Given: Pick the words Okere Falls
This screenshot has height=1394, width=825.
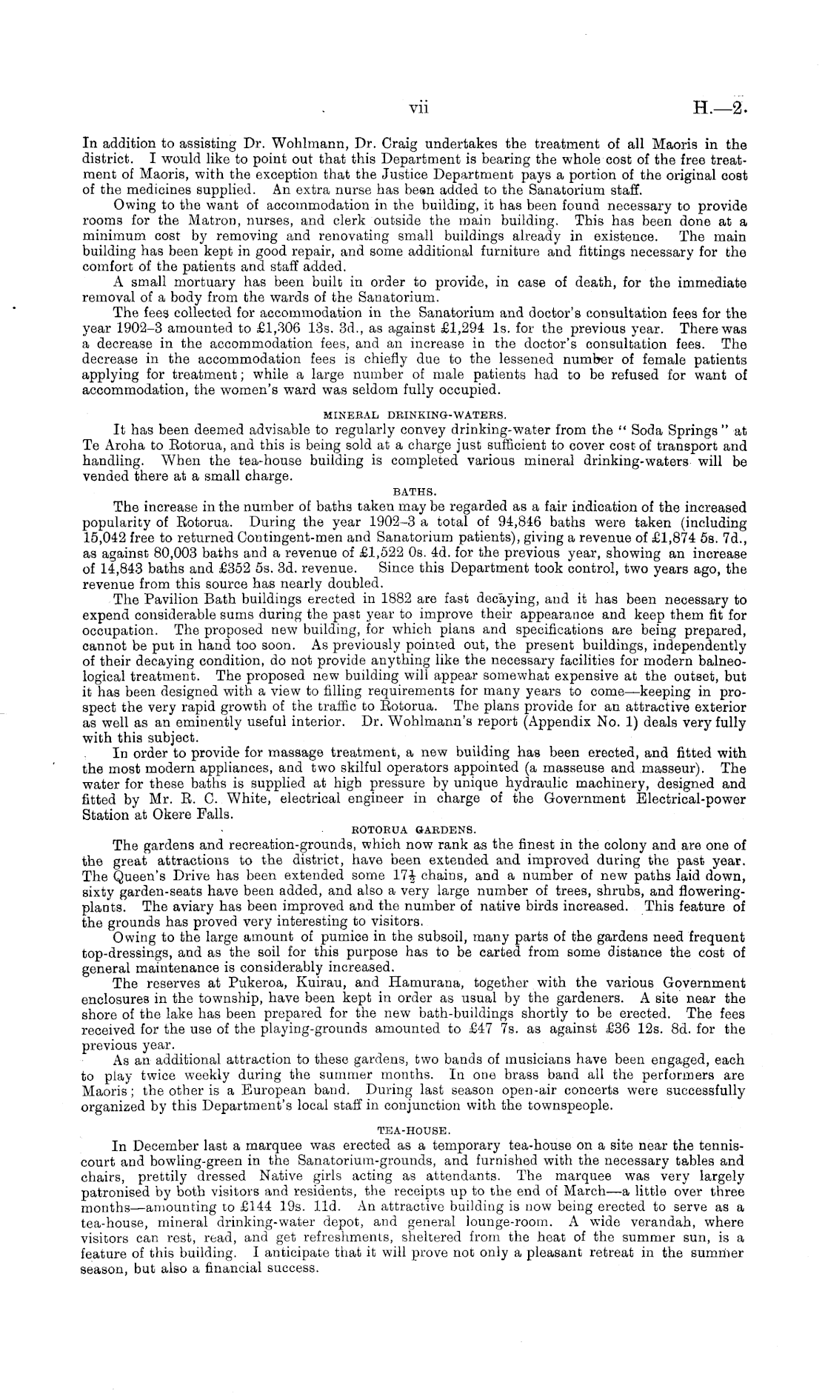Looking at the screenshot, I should point(197,816).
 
